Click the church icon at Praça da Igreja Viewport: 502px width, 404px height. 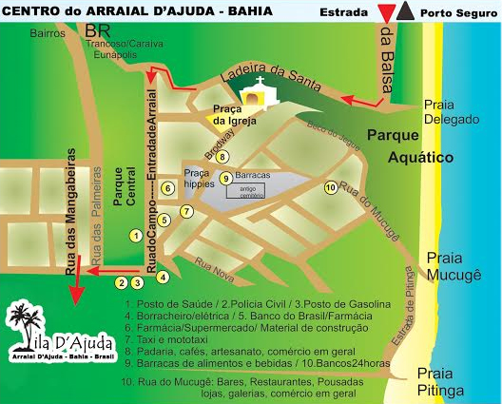254,96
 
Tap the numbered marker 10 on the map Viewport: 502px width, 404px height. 330,187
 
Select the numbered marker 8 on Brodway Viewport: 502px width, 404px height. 222,157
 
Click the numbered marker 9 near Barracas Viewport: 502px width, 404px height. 225,178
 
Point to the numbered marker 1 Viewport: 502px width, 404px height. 136,236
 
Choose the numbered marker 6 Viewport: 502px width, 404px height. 166,188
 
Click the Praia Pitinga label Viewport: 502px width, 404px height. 440,381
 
